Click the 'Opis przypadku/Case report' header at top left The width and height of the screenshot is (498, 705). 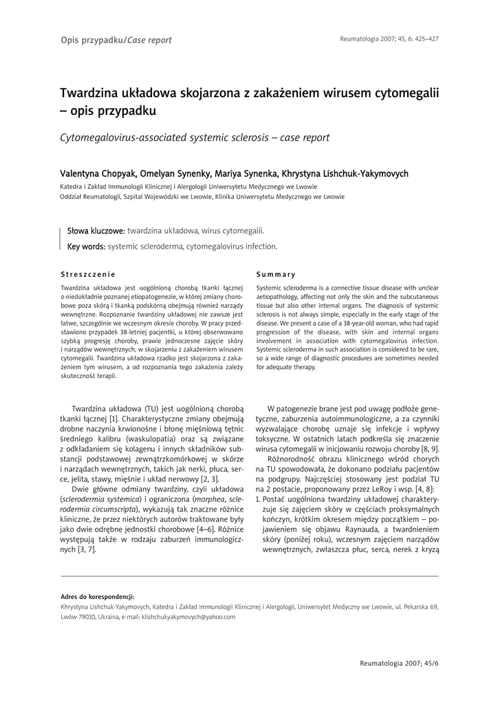click(116, 40)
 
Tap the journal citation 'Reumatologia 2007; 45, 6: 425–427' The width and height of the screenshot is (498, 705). click(389, 39)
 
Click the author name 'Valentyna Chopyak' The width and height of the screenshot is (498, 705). click(98, 173)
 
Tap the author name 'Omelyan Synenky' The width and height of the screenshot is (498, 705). click(175, 173)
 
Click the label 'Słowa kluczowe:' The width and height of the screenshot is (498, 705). click(96, 231)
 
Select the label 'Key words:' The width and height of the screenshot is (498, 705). click(85, 246)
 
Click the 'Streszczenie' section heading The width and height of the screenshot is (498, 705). click(87, 274)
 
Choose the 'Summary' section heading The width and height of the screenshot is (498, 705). click(275, 274)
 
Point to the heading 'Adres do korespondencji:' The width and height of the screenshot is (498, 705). click(98, 596)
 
